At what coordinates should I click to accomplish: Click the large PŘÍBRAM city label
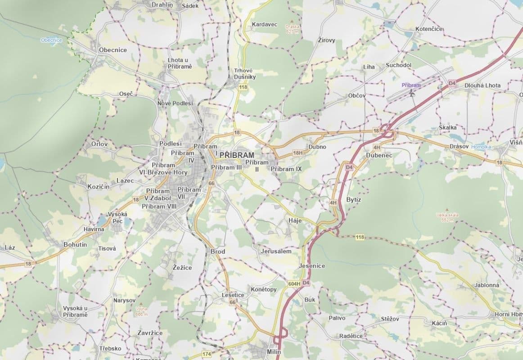pyautogui.click(x=237, y=155)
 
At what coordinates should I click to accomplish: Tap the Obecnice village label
pyautogui.click(x=113, y=50)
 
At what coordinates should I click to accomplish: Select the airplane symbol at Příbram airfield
pyautogui.click(x=411, y=92)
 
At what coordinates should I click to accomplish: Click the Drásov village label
pyautogui.click(x=459, y=147)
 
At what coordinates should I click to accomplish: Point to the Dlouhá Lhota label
pyautogui.click(x=482, y=85)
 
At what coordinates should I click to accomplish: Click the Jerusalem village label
pyautogui.click(x=276, y=251)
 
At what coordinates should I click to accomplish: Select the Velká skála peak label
pyautogui.click(x=447, y=217)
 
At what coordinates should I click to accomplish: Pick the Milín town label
pyautogui.click(x=273, y=352)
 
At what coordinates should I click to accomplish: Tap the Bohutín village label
pyautogui.click(x=75, y=245)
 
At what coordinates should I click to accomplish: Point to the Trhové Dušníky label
pyautogui.click(x=245, y=74)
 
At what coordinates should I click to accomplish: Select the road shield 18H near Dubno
pyautogui.click(x=298, y=153)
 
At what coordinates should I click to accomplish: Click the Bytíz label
pyautogui.click(x=354, y=199)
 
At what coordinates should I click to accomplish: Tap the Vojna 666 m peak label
pyautogui.click(x=141, y=311)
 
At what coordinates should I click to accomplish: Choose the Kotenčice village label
pyautogui.click(x=429, y=29)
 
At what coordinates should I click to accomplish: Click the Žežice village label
pyautogui.click(x=182, y=268)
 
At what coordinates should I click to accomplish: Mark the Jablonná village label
pyautogui.click(x=487, y=285)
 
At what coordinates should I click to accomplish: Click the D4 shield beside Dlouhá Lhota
pyautogui.click(x=452, y=84)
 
